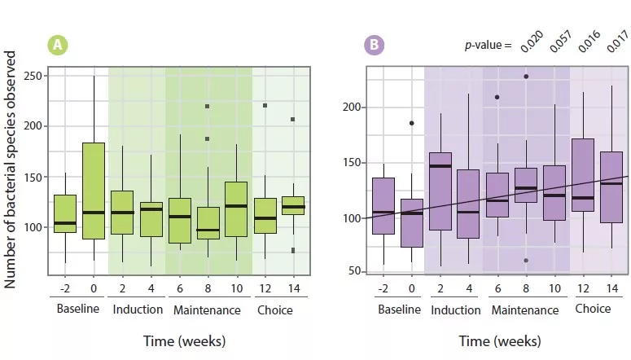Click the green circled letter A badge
[x=58, y=46]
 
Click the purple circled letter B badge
[x=374, y=46]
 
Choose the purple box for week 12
[x=583, y=175]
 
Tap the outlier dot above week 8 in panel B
[x=526, y=77]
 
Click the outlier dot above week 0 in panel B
[x=411, y=123]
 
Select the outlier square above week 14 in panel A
[x=293, y=120]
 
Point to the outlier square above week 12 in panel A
[x=265, y=105]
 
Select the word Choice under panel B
[x=592, y=309]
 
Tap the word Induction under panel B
[x=455, y=310]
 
